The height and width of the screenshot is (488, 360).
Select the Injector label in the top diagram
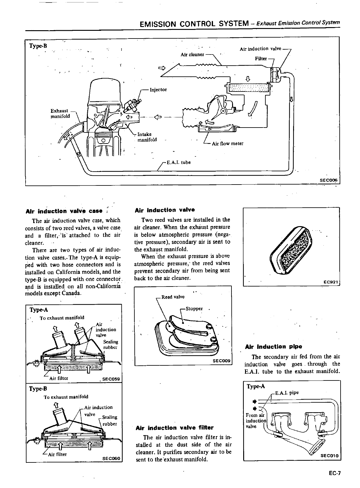[158, 90]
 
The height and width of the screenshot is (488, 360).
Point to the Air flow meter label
[227, 144]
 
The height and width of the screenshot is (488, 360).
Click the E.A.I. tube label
[178, 162]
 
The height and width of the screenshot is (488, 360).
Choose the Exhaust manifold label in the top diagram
[60, 113]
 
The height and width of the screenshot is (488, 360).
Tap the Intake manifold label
[147, 137]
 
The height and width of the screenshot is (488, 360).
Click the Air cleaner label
[192, 55]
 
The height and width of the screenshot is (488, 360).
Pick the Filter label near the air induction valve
[261, 59]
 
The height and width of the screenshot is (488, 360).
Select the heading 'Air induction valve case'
[64, 211]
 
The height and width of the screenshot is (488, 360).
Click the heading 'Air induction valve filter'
[174, 428]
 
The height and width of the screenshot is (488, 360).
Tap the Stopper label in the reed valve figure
[194, 309]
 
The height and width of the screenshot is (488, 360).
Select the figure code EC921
[331, 282]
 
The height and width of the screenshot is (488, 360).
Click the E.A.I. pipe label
[287, 393]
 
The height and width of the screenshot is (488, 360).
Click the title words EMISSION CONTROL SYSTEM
[194, 24]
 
